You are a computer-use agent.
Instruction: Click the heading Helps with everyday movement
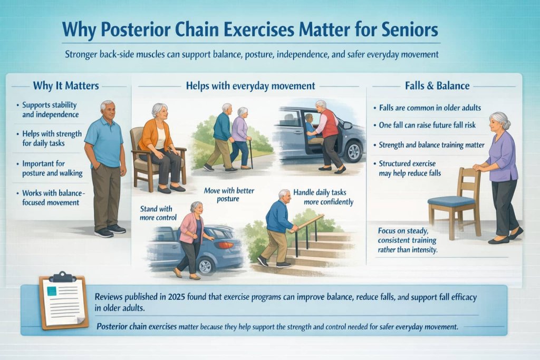pyautogui.click(x=252, y=85)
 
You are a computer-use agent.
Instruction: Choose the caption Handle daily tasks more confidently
pyautogui.click(x=323, y=197)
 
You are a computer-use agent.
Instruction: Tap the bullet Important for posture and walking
pyautogui.click(x=51, y=168)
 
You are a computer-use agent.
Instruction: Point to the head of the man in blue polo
pyautogui.click(x=108, y=110)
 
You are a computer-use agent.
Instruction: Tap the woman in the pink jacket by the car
pyautogui.click(x=190, y=237)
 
